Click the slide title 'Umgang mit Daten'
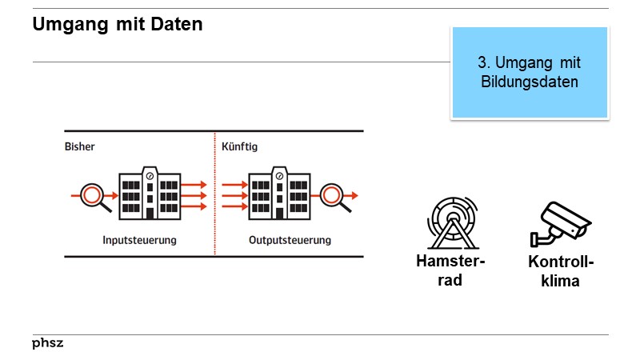118,25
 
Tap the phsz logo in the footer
47,343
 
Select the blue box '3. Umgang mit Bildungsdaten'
529,72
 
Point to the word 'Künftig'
240,147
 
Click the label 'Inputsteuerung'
139,239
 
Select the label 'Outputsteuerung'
289,239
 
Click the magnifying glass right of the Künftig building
334,196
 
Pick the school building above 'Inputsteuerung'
149,194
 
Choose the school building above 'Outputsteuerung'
279,194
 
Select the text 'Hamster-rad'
450,271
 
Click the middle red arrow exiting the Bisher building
195,195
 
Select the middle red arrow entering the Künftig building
234,195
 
